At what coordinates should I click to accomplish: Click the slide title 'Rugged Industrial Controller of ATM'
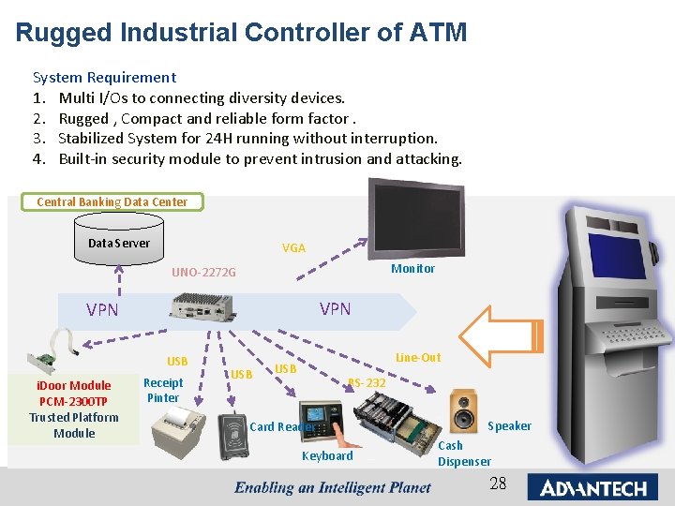241,33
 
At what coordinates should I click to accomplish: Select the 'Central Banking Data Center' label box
112,201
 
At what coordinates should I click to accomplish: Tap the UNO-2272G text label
203,273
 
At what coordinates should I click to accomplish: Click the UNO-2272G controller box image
201,307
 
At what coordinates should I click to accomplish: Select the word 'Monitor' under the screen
412,269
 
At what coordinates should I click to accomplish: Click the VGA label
293,248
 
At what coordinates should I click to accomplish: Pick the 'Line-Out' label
418,358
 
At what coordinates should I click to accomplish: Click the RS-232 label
367,382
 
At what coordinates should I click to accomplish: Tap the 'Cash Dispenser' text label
464,454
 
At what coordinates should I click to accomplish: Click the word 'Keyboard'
327,456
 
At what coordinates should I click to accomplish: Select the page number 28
498,484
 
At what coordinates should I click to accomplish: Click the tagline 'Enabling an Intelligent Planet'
332,487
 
